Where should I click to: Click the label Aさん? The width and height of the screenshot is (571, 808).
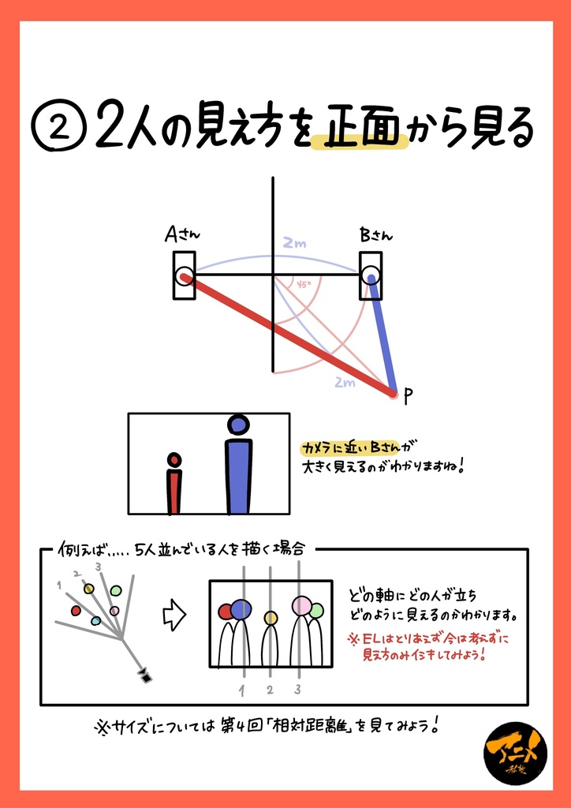[182, 235]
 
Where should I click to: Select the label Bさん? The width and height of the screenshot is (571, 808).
[375, 235]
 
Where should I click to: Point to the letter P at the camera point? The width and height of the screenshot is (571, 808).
[408, 397]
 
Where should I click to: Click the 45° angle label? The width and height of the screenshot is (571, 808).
[304, 284]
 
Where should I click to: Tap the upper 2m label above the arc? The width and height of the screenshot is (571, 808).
[294, 245]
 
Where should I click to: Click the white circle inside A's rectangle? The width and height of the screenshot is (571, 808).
[185, 275]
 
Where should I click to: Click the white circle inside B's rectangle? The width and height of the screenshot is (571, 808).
[371, 275]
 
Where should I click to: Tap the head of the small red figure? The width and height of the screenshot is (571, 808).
[174, 459]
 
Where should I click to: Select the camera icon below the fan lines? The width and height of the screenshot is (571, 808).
[145, 675]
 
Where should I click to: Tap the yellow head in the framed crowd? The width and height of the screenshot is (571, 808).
[271, 618]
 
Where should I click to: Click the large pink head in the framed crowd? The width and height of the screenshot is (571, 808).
[303, 606]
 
